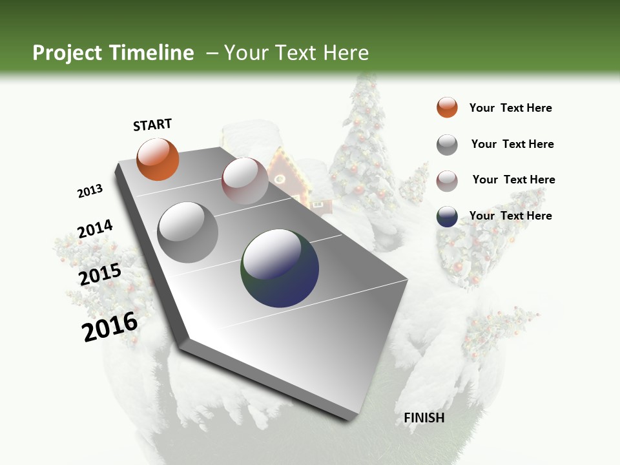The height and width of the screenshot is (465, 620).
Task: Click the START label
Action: [x=152, y=125]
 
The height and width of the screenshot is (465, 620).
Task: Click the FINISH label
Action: [x=424, y=418]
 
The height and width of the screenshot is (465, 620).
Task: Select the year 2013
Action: [x=90, y=191]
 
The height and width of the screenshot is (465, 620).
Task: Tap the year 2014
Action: [x=95, y=229]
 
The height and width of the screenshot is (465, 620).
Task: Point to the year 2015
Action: [x=100, y=274]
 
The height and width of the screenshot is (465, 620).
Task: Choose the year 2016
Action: [x=110, y=327]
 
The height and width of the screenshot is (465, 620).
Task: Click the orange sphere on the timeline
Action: [x=158, y=159]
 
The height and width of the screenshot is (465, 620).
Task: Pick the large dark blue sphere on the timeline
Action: [x=280, y=267]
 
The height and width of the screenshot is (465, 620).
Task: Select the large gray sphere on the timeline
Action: [x=188, y=232]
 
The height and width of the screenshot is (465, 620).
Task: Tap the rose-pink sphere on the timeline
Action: [x=245, y=181]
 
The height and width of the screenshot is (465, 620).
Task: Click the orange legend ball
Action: [x=447, y=107]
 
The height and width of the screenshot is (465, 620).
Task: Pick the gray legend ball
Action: [x=447, y=145]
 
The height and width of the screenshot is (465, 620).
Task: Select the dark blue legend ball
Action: [x=447, y=216]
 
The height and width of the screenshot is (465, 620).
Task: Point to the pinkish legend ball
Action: [x=447, y=180]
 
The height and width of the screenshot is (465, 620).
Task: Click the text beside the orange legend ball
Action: [x=510, y=108]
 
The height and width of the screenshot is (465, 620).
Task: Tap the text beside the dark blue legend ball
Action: [x=510, y=216]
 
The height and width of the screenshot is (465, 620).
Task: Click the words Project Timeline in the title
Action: [x=113, y=53]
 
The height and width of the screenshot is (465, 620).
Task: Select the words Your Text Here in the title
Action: [x=296, y=53]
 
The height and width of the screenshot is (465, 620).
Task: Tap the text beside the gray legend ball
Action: [x=512, y=144]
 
